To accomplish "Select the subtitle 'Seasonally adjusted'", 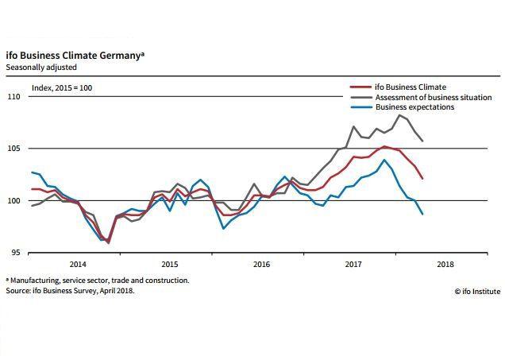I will [x=40, y=67].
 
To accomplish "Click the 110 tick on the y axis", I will [x=13, y=97].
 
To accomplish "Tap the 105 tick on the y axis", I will [x=13, y=149].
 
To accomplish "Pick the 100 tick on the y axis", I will [x=13, y=200].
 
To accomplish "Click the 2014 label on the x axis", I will [x=78, y=263].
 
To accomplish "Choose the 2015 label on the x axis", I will [x=170, y=263].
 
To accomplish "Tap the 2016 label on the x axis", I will [x=261, y=263].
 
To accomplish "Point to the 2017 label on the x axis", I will [x=353, y=263].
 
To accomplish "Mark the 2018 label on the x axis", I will [x=445, y=263].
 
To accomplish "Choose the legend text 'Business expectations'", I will [x=414, y=107].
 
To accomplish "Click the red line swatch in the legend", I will [x=360, y=87].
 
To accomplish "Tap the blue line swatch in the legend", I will [x=360, y=107].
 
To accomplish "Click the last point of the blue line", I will [x=422, y=214].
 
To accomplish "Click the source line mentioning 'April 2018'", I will [x=71, y=291].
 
